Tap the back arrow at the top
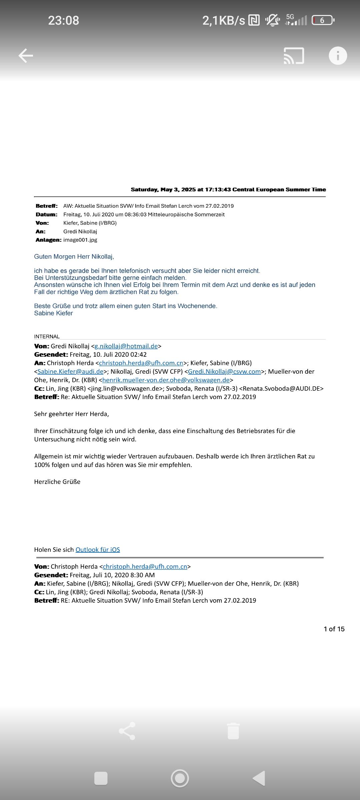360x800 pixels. [26, 55]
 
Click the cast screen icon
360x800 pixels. [294, 56]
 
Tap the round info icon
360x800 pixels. [338, 55]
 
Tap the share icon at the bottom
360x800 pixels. [127, 731]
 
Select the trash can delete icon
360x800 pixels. [233, 731]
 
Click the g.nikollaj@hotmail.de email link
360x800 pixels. [126, 346]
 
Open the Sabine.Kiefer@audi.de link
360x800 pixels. [70, 371]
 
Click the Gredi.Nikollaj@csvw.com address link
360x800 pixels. [224, 371]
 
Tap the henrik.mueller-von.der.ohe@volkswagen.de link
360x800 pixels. [166, 380]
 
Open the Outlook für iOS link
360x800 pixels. [98, 550]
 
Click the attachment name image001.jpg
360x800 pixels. [80, 240]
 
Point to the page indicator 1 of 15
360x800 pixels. [334, 629]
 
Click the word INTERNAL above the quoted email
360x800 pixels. [47, 336]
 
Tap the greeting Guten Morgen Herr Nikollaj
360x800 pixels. [74, 257]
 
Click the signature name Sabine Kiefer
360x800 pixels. [53, 313]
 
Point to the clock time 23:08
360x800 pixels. [63, 20]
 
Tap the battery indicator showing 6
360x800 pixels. [323, 20]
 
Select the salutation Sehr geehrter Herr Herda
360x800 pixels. [71, 414]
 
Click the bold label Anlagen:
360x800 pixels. [48, 240]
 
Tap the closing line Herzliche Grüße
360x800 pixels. [57, 482]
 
